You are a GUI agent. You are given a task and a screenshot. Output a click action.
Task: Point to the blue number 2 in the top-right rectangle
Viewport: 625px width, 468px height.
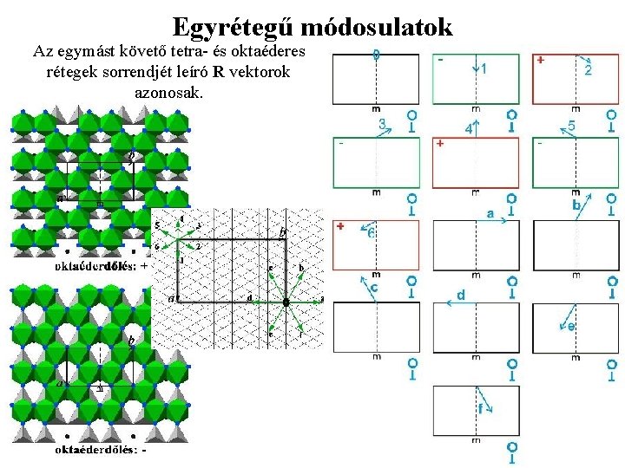point(588,69)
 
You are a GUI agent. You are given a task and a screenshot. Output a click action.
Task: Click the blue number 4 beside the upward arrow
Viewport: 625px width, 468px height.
point(469,128)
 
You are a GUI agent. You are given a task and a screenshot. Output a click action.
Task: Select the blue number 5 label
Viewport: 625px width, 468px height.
point(572,127)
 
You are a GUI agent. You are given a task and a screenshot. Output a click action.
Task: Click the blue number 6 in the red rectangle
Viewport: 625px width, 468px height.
point(371,233)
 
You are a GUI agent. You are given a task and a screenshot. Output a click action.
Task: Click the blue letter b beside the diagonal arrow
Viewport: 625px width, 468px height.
point(576,205)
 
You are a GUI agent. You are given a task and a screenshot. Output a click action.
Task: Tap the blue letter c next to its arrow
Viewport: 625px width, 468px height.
point(374,287)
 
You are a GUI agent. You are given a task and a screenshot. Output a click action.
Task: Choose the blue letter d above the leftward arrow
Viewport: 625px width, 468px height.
point(461,296)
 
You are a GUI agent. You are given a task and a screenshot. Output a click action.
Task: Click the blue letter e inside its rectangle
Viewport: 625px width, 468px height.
point(570,327)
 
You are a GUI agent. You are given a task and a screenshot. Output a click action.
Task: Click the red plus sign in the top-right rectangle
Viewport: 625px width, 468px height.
point(541,61)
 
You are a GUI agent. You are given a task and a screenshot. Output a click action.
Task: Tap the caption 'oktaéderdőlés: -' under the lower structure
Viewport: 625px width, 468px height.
point(101,450)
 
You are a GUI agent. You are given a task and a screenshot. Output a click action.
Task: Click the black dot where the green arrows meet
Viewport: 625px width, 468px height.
point(286,302)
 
